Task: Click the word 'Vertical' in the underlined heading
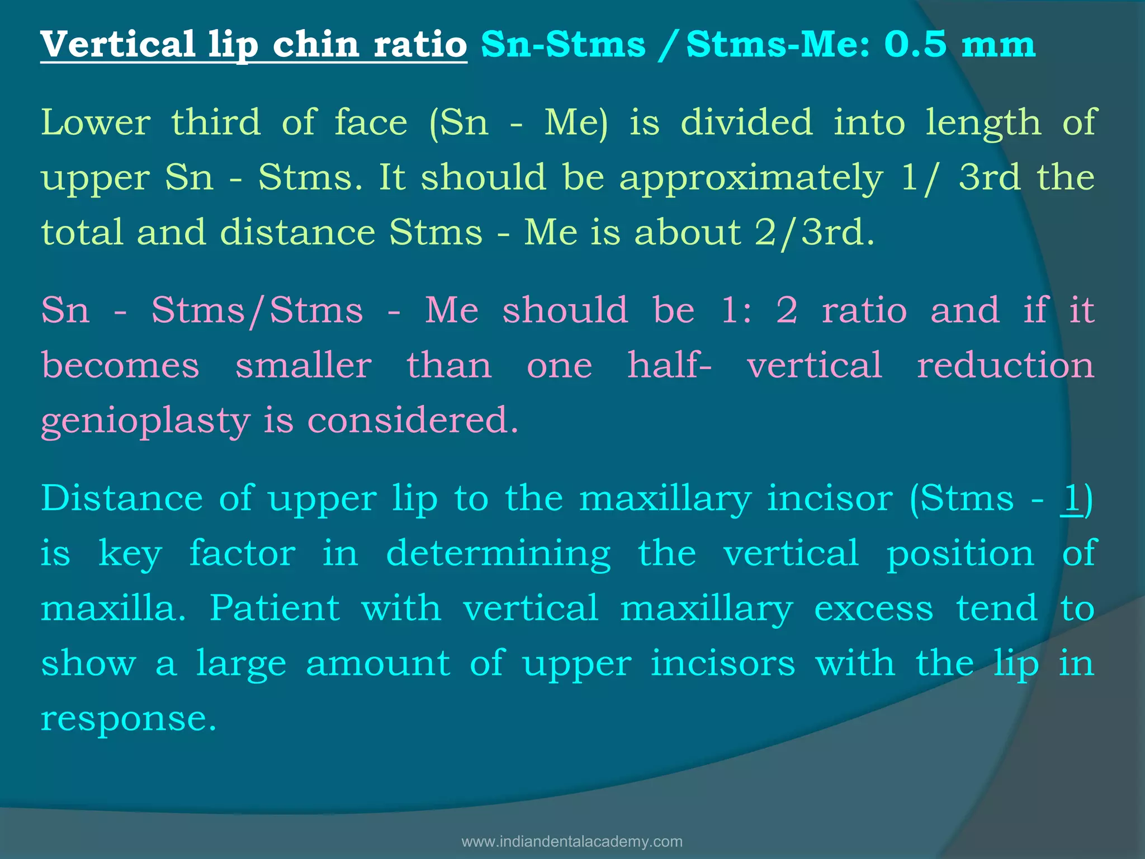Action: coord(117,44)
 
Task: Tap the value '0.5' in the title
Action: coord(915,44)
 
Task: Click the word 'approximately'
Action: coord(751,178)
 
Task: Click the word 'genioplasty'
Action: coord(145,422)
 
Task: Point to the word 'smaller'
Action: coord(304,366)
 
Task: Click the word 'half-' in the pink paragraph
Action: coord(669,366)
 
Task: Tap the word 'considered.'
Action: coord(413,421)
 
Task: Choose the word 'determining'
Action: coord(498,554)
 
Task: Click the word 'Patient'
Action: coord(275,608)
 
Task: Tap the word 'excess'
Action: coord(873,608)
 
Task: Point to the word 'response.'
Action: coord(129,719)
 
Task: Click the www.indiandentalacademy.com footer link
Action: coord(572,842)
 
